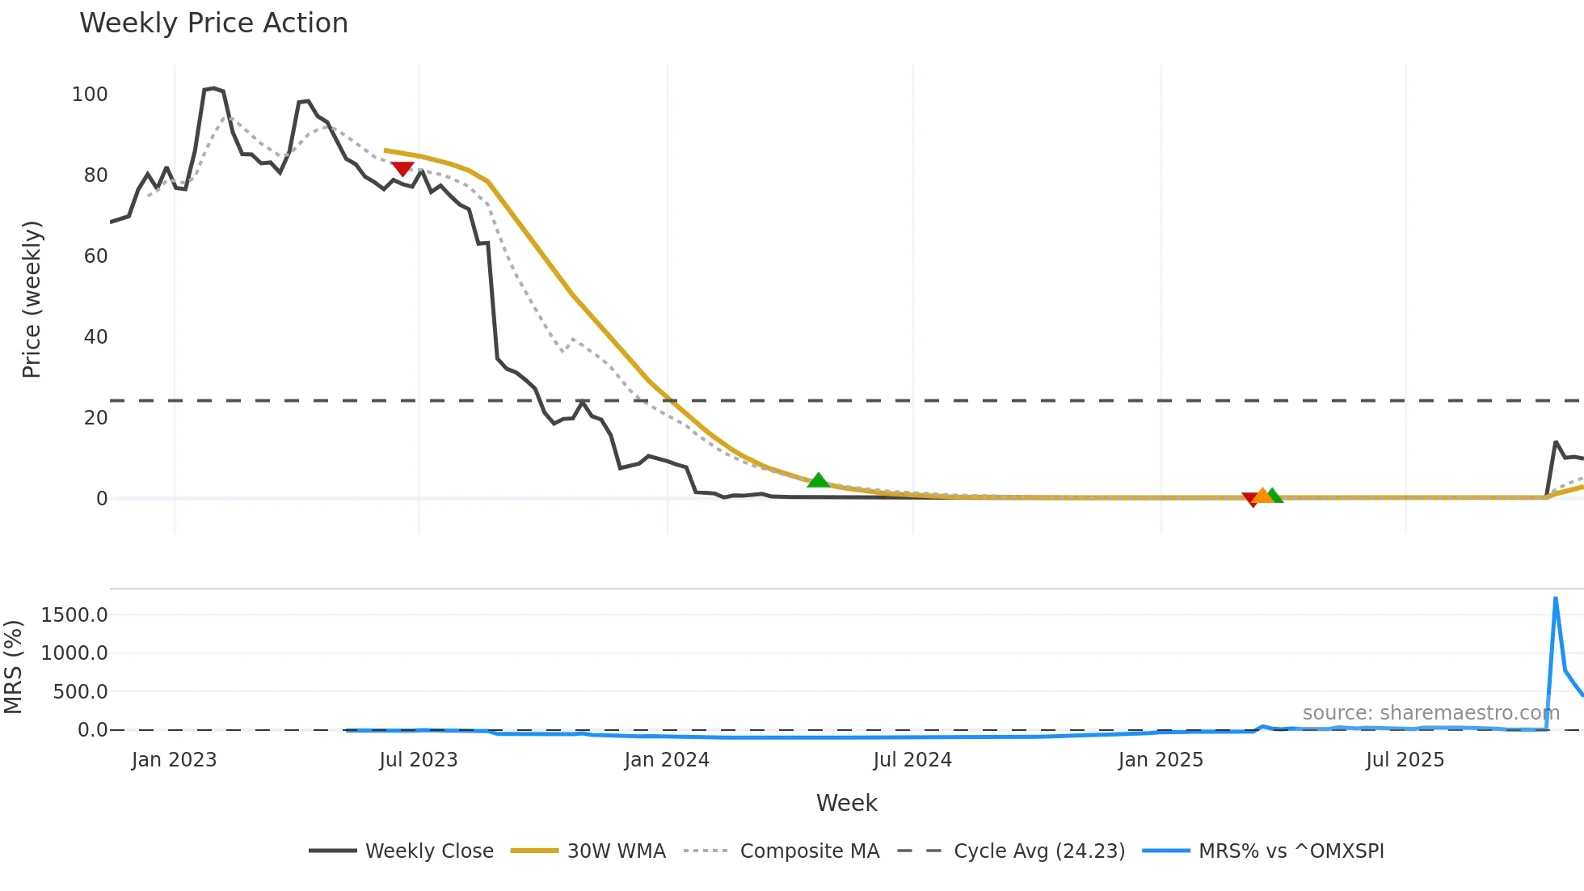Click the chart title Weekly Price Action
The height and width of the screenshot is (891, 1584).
pos(213,23)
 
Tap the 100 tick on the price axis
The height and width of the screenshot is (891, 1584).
pos(90,95)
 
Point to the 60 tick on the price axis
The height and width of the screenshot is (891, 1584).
pos(95,256)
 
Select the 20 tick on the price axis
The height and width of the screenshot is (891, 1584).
pos(95,418)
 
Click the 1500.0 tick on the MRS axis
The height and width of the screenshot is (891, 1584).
pos(74,615)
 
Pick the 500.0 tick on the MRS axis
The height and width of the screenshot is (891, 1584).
pos(80,692)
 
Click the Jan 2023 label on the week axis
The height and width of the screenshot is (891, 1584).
pos(174,760)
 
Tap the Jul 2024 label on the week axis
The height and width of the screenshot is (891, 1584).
pos(912,760)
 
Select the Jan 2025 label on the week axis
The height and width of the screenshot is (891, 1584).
pos(1161,760)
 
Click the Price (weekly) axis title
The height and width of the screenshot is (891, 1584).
pos(32,299)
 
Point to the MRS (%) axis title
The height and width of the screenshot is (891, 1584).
pos(13,667)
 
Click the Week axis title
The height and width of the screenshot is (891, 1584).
pos(846,803)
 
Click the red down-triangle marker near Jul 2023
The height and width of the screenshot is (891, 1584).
pos(402,168)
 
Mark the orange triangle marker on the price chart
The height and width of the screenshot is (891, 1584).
pos(1262,496)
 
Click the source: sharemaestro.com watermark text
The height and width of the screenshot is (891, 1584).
pos(1430,713)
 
